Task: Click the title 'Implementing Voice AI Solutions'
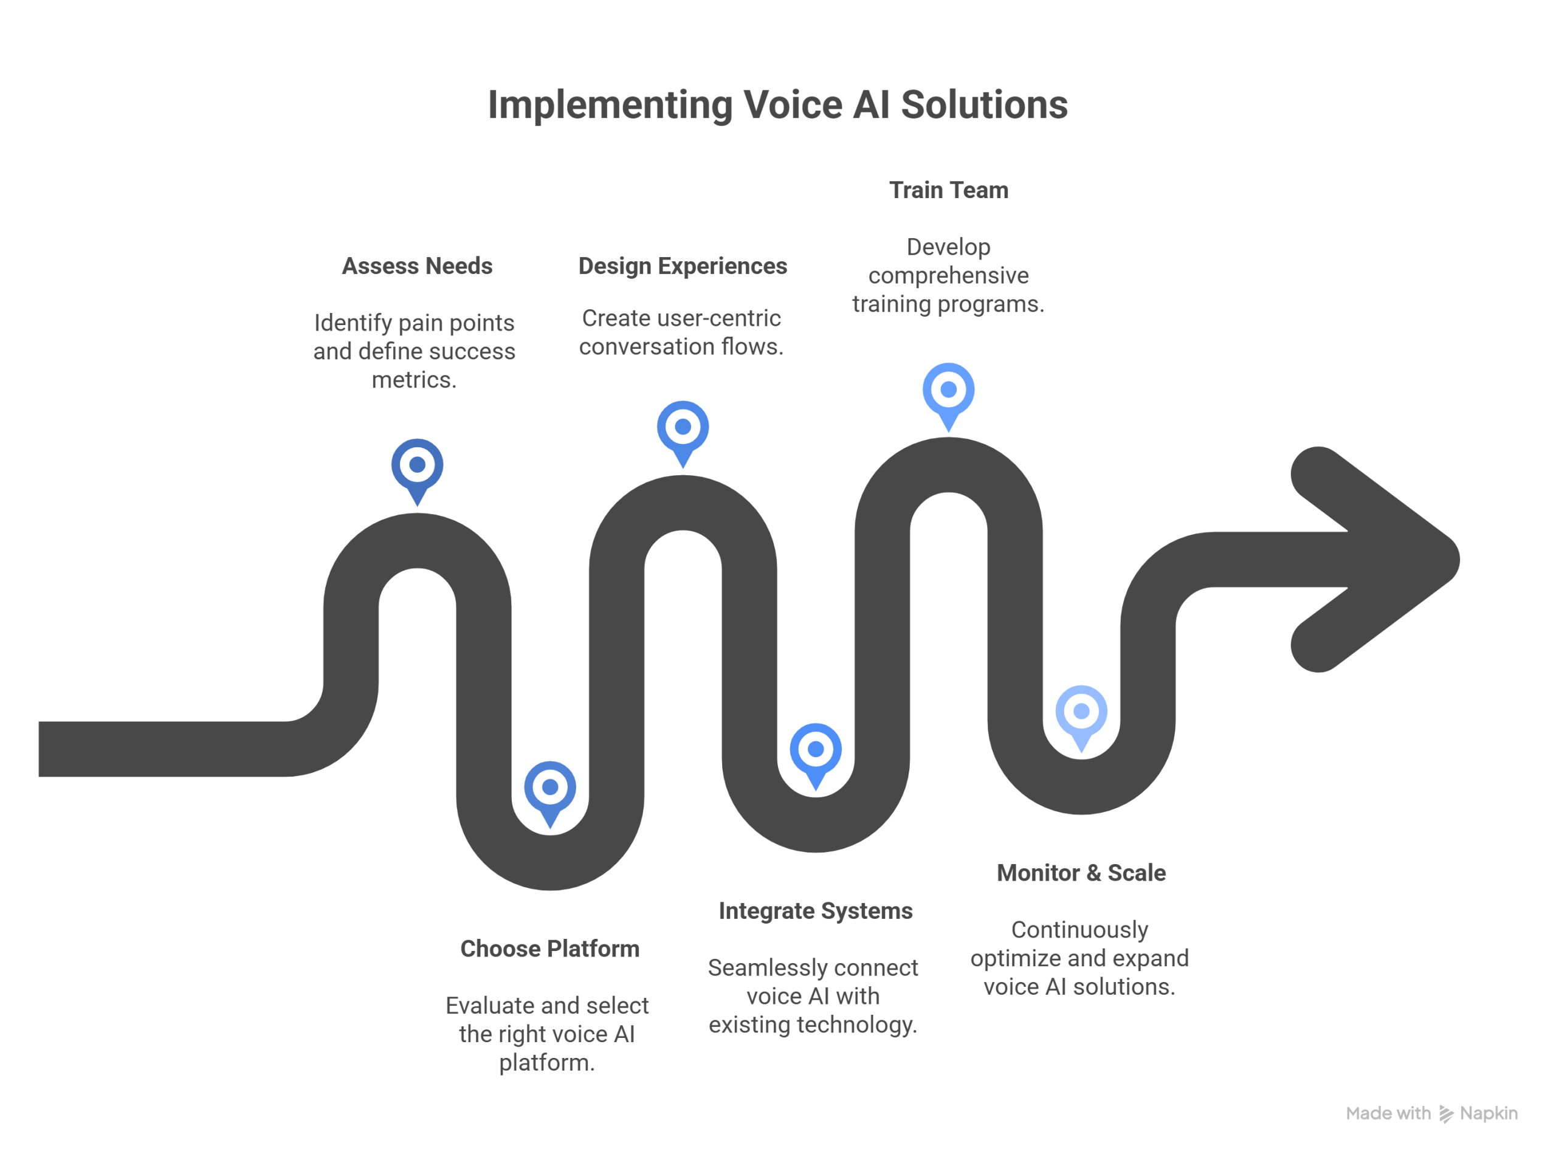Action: point(777,105)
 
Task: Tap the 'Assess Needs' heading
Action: point(417,266)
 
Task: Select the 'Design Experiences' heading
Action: point(683,266)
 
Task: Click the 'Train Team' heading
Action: point(948,190)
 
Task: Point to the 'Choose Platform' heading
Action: point(549,949)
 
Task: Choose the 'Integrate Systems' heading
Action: point(816,910)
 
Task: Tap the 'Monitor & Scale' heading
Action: point(1081,873)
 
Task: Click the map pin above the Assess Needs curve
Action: point(417,465)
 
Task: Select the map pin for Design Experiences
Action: point(683,428)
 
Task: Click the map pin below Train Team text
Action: point(948,390)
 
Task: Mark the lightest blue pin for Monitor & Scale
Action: point(1081,712)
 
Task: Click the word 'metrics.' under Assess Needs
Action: point(414,380)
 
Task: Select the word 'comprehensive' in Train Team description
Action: point(948,276)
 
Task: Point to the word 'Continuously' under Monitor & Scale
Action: point(1079,930)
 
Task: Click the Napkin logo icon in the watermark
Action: point(1446,1114)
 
